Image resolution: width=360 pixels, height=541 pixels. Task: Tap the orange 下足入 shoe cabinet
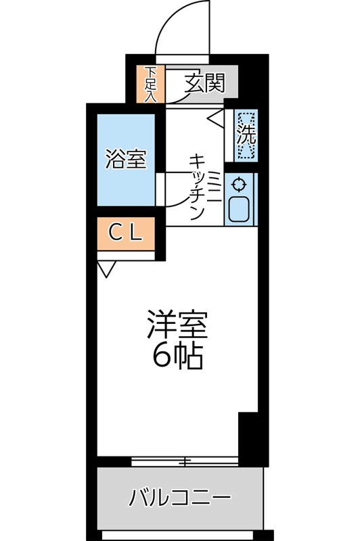tap(150, 84)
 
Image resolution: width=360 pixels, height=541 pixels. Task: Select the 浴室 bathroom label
tap(125, 160)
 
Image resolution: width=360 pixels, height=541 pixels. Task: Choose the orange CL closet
tap(127, 234)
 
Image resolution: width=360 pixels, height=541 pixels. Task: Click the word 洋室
tap(177, 325)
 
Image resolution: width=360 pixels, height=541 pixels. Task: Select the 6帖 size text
tap(177, 356)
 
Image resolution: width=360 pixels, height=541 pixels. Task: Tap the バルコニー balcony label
tap(180, 500)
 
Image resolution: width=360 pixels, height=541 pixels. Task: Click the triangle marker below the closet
tap(106, 270)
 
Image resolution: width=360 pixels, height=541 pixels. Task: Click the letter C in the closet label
tap(116, 234)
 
